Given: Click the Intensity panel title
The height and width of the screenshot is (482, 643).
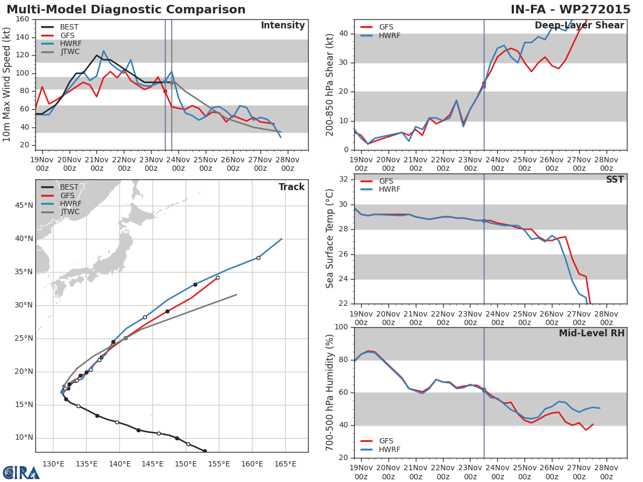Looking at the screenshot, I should (x=282, y=26).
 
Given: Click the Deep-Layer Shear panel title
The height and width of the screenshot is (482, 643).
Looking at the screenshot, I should (x=579, y=26).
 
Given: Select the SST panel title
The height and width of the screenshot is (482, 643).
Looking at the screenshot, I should (x=615, y=180).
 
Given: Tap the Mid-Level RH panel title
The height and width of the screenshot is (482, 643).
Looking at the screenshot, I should (x=591, y=334).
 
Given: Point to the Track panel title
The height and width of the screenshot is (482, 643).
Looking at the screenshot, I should (x=291, y=187).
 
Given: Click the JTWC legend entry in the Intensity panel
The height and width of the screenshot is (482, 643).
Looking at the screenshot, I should (x=70, y=52).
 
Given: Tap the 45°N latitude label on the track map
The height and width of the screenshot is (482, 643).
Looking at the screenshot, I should (x=24, y=205).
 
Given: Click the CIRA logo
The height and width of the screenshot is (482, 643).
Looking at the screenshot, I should (x=21, y=472).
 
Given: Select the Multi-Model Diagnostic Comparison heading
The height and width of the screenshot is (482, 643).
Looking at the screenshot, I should (x=126, y=10).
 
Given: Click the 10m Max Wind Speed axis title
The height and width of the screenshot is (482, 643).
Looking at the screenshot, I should (x=7, y=85).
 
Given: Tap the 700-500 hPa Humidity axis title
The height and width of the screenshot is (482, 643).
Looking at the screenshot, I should (x=330, y=392).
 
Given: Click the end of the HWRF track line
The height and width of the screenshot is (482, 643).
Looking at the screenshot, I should (x=281, y=239).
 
